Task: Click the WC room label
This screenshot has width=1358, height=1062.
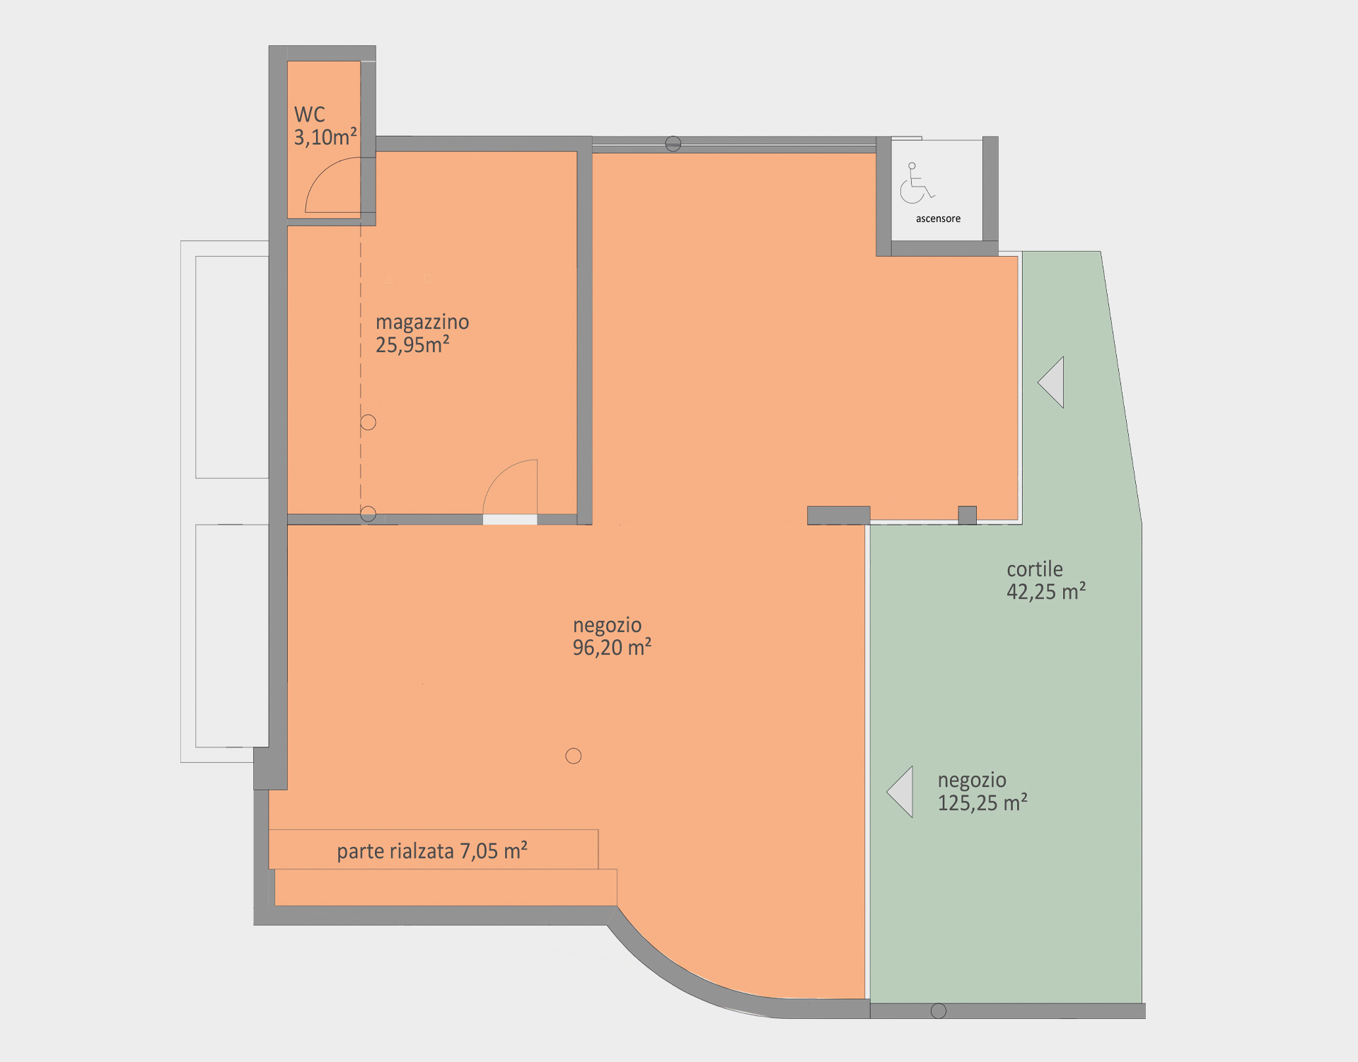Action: coord(309,115)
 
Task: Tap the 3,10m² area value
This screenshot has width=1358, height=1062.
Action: coord(325,137)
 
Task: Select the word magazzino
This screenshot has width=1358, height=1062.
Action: coord(422,322)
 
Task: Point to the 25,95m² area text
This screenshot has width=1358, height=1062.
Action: coord(412,345)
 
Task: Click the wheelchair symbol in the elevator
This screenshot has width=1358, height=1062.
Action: coord(917,183)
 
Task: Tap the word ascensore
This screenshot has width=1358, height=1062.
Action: coord(938,219)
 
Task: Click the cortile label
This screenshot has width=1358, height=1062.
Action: coord(1035,569)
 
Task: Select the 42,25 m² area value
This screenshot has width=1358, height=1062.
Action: coord(1046,592)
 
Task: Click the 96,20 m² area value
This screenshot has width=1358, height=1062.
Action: coord(612,648)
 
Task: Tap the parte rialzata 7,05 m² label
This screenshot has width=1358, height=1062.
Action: coord(432,851)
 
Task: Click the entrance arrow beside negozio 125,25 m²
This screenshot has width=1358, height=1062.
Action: coord(900,792)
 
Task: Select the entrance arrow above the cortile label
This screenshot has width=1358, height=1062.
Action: coord(1051,383)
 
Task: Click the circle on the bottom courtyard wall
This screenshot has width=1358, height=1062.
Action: coord(939,1011)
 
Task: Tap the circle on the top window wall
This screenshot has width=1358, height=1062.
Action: coord(673,144)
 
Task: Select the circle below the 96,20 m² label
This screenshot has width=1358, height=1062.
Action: coord(574,757)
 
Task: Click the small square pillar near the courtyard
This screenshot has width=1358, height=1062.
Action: coord(968,515)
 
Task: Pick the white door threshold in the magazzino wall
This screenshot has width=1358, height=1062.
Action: coord(510,520)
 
